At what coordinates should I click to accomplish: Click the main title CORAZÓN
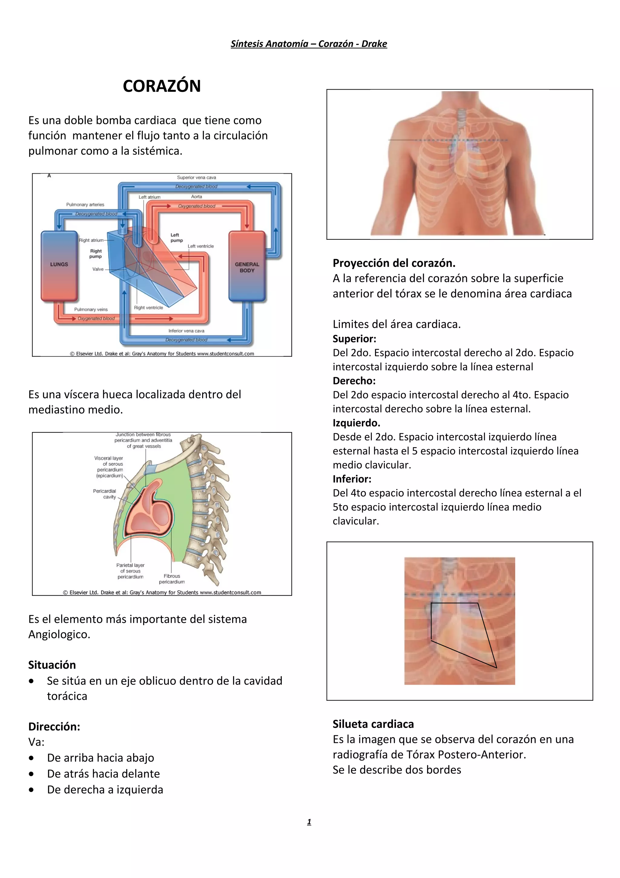162,86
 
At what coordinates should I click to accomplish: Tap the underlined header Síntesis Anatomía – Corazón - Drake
309,44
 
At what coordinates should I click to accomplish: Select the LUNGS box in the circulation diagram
59,264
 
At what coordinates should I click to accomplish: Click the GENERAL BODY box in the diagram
247,267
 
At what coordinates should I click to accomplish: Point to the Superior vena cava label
196,178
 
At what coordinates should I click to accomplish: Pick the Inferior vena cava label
186,331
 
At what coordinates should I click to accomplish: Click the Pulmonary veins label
91,309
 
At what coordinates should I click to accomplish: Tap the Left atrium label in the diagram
149,197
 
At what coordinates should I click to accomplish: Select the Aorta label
196,197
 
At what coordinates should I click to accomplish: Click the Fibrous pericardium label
172,579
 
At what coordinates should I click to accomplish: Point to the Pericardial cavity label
105,494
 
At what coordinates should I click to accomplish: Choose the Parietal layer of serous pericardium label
130,570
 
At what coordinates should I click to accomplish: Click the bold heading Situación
52,665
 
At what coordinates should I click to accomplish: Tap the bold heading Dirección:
54,727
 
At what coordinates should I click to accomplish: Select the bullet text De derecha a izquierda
105,790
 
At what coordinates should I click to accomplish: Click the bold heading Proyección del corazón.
394,263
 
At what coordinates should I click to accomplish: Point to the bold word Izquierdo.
356,423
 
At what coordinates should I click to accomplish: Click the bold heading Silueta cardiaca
373,724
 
